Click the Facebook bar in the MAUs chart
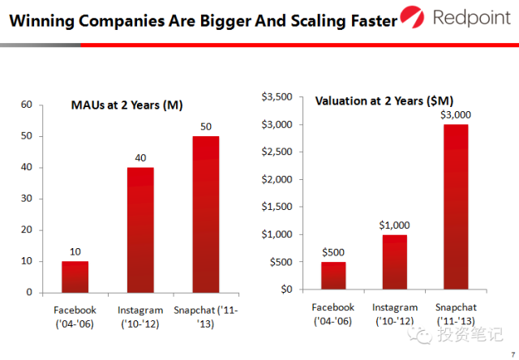(75, 276)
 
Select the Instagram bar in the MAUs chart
(140, 229)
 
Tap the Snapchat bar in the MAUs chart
(205, 214)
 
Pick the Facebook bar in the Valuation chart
(333, 275)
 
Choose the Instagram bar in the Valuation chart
(396, 261)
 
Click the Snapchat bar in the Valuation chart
(457, 207)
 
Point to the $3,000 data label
(456, 115)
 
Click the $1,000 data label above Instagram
(396, 225)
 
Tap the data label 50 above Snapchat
(205, 127)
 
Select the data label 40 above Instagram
(140, 158)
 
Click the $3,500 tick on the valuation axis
(276, 97)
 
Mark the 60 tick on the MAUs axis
(27, 105)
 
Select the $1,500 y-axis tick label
(276, 207)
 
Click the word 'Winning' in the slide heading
(41, 19)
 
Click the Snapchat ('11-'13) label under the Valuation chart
(457, 314)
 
